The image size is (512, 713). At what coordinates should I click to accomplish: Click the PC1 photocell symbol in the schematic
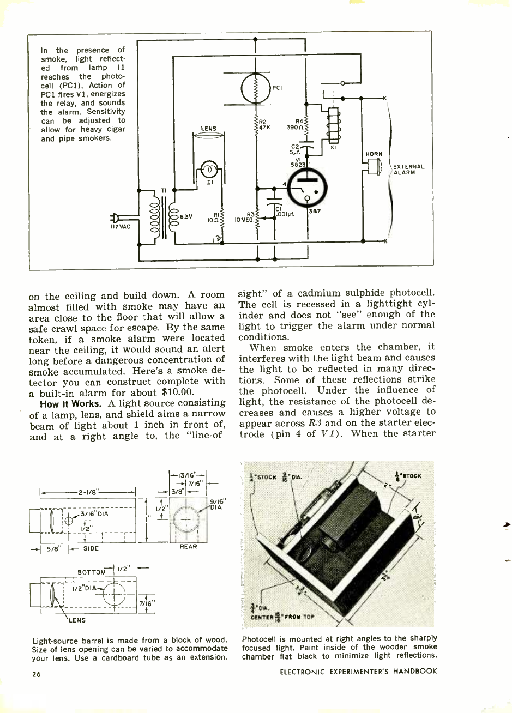coord(256,88)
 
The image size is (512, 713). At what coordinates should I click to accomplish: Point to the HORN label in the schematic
coord(374,154)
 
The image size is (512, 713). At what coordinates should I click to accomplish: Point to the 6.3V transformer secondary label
coord(186,215)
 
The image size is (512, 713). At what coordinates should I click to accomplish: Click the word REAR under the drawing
coord(188,546)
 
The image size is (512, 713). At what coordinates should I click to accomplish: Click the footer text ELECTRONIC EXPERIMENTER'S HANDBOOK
coord(358,671)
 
